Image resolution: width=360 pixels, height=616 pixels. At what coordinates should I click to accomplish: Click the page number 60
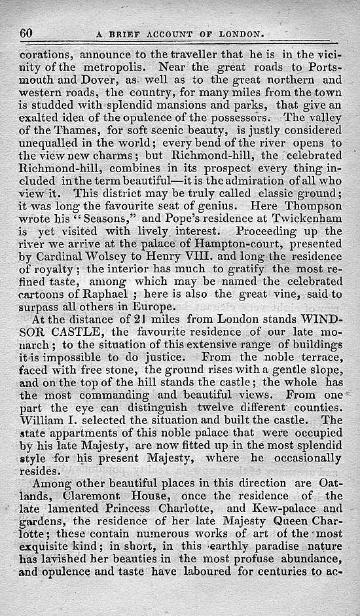point(27,33)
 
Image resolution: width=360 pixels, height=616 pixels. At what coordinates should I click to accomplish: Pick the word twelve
point(202,399)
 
